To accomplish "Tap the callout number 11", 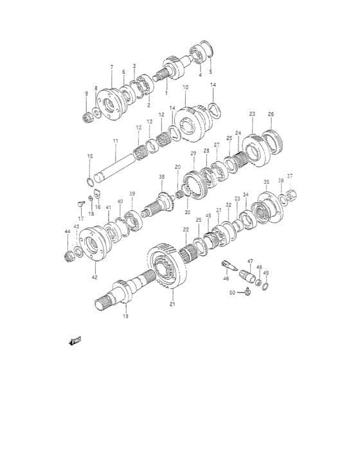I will [116, 140].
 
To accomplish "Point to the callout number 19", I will [125, 316].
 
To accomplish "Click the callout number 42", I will [94, 277].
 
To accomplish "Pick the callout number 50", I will [232, 293].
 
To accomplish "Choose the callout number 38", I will [161, 177].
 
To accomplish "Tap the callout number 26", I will [271, 114].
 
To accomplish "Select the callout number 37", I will [289, 176].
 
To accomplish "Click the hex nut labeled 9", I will [85, 117].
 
